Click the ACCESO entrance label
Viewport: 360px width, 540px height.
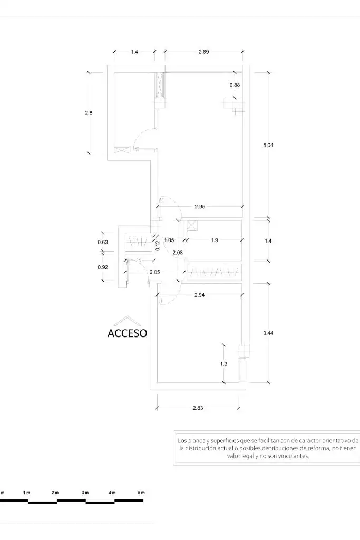[x=128, y=333]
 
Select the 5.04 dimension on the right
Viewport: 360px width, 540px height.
[x=268, y=146]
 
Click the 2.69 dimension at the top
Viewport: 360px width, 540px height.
[x=204, y=52]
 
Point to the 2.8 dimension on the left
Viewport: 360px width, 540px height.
[x=89, y=113]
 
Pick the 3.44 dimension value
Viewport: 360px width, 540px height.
[x=268, y=333]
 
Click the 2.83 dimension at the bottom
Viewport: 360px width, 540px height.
[x=198, y=408]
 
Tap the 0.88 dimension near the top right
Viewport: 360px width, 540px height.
[x=235, y=85]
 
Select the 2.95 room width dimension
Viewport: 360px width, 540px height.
[x=200, y=207]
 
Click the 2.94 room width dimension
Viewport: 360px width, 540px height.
[x=200, y=295]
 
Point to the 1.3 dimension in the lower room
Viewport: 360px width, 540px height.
[x=223, y=364]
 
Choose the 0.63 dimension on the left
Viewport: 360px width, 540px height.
[x=103, y=242]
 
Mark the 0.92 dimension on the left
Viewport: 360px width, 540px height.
[x=103, y=267]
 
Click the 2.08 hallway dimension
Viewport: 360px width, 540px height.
[x=178, y=253]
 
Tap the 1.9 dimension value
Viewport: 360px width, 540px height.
[x=215, y=240]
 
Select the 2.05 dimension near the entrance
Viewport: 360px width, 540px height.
[x=155, y=272]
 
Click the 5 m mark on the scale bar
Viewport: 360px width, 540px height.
[x=141, y=493]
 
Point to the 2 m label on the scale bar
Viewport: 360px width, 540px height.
[x=55, y=493]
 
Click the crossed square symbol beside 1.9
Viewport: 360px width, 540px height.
[x=192, y=226]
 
